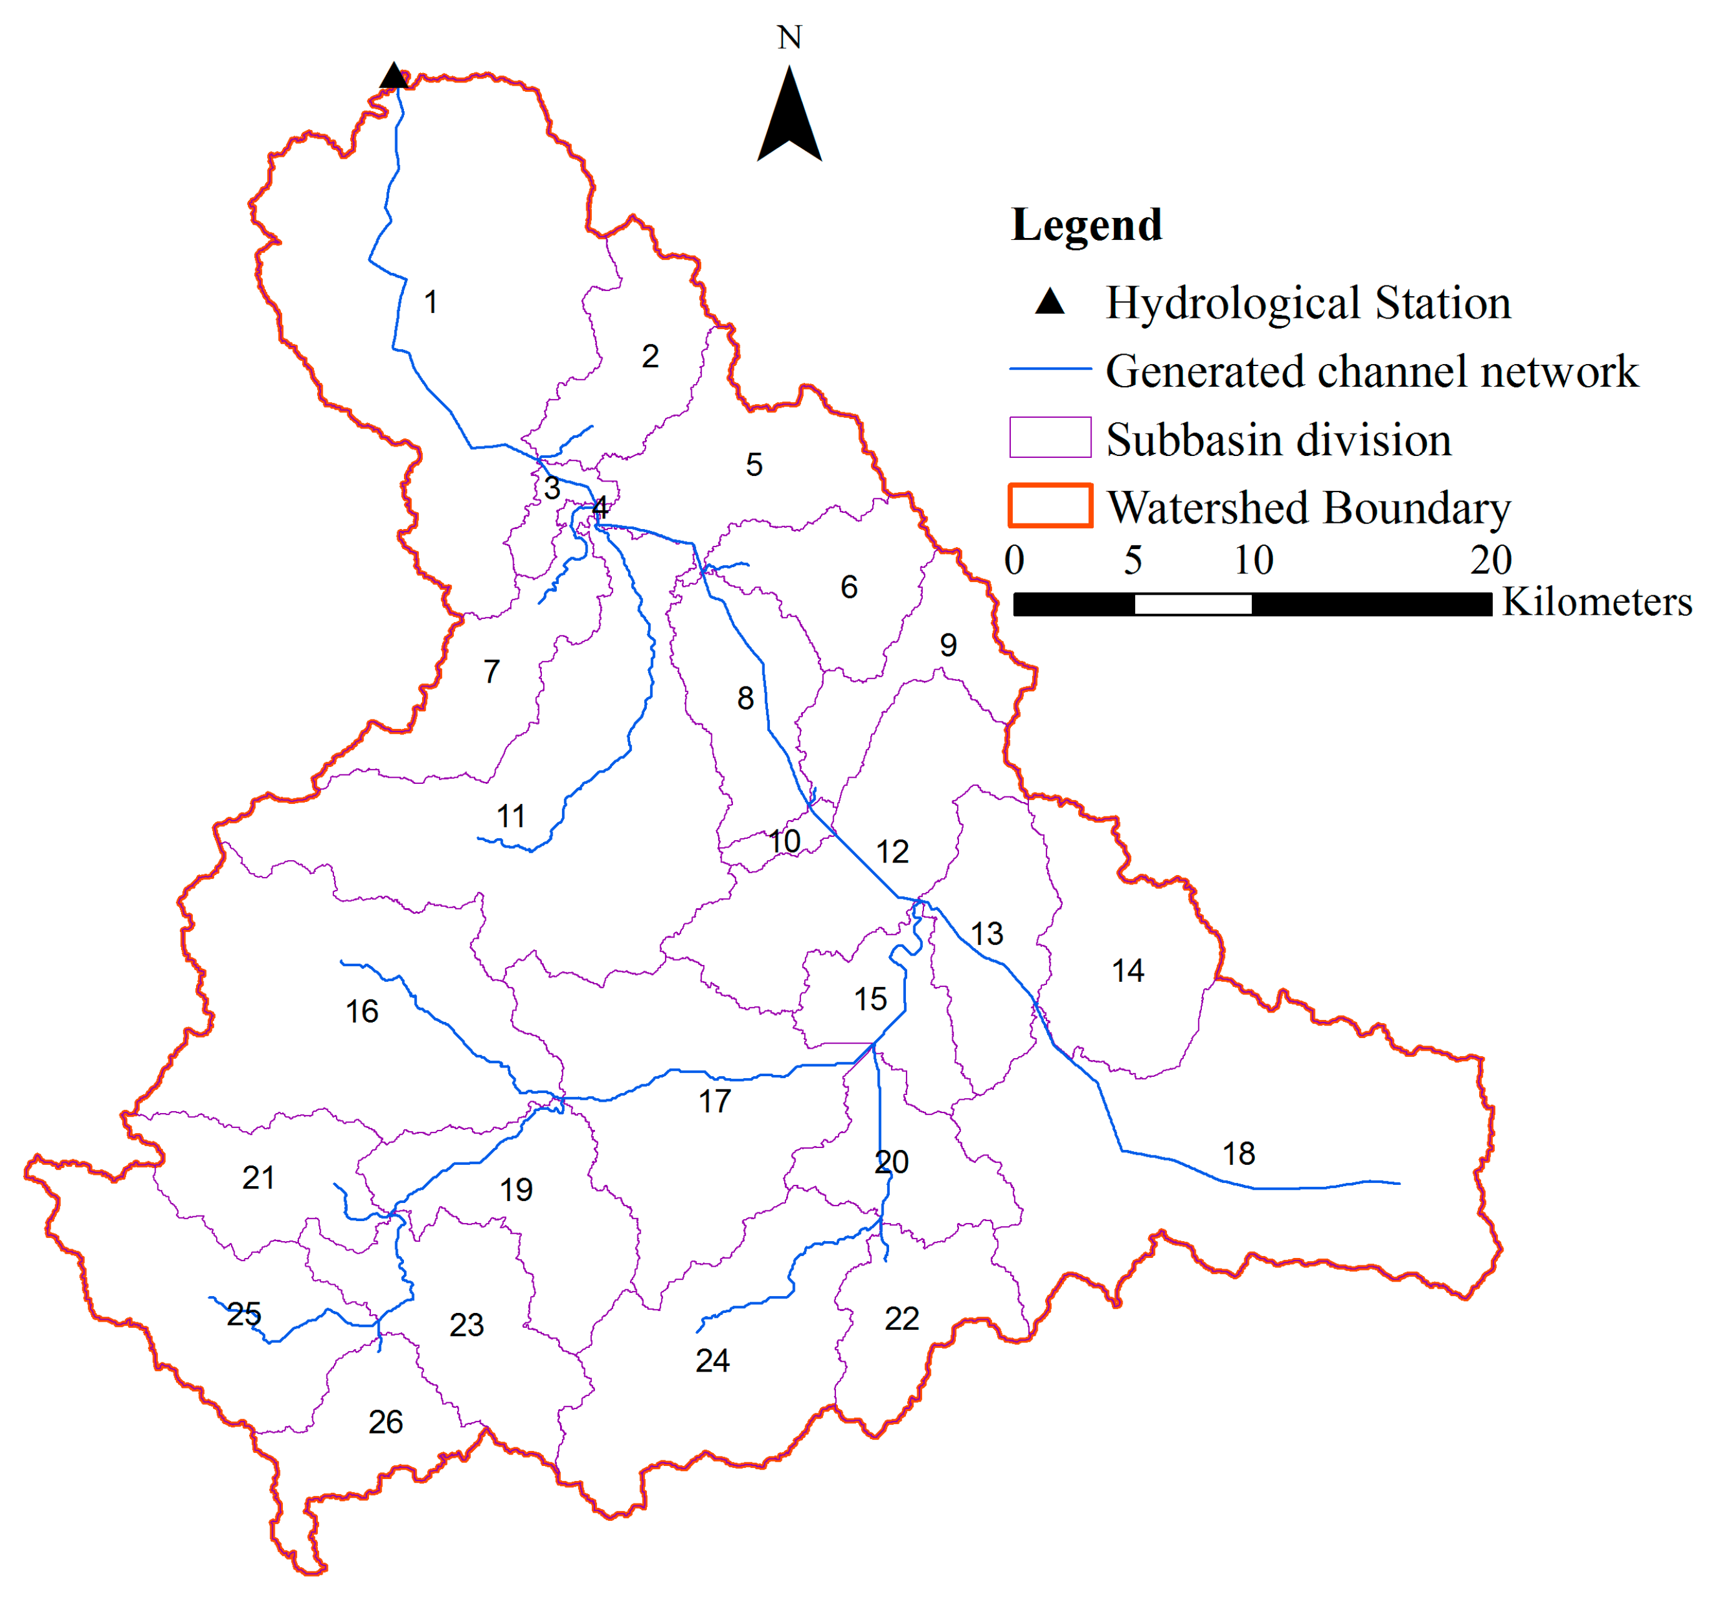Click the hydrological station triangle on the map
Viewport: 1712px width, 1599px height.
(x=393, y=77)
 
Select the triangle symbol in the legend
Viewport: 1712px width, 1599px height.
(x=1050, y=302)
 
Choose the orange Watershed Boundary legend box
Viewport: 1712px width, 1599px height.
(x=1050, y=506)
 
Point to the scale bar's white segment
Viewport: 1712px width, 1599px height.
(x=1193, y=604)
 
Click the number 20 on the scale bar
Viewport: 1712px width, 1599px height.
(x=1491, y=561)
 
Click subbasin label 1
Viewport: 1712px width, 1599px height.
(x=431, y=302)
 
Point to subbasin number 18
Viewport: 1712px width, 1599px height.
(x=1238, y=1154)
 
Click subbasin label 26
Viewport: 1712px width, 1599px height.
(x=385, y=1422)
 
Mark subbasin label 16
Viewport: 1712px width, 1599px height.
(x=362, y=1011)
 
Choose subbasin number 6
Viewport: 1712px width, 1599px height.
(x=849, y=588)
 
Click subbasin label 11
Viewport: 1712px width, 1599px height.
(x=511, y=816)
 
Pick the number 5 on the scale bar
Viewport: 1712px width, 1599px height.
(x=1133, y=561)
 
